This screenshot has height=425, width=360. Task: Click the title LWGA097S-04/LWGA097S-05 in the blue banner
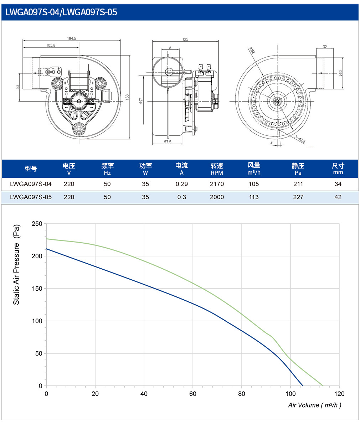point(61,12)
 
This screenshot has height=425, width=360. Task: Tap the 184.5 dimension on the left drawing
point(72,38)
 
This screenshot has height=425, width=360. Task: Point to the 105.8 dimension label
point(51,45)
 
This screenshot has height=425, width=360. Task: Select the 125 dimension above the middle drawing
point(185,39)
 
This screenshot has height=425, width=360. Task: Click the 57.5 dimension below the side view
point(168,142)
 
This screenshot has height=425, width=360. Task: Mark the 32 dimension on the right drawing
point(325,47)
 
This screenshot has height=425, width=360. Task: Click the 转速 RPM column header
point(217,169)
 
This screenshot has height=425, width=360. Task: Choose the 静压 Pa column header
point(298,169)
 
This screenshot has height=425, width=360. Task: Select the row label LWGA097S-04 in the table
point(31,184)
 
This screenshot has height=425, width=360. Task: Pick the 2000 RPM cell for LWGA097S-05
point(217,197)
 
